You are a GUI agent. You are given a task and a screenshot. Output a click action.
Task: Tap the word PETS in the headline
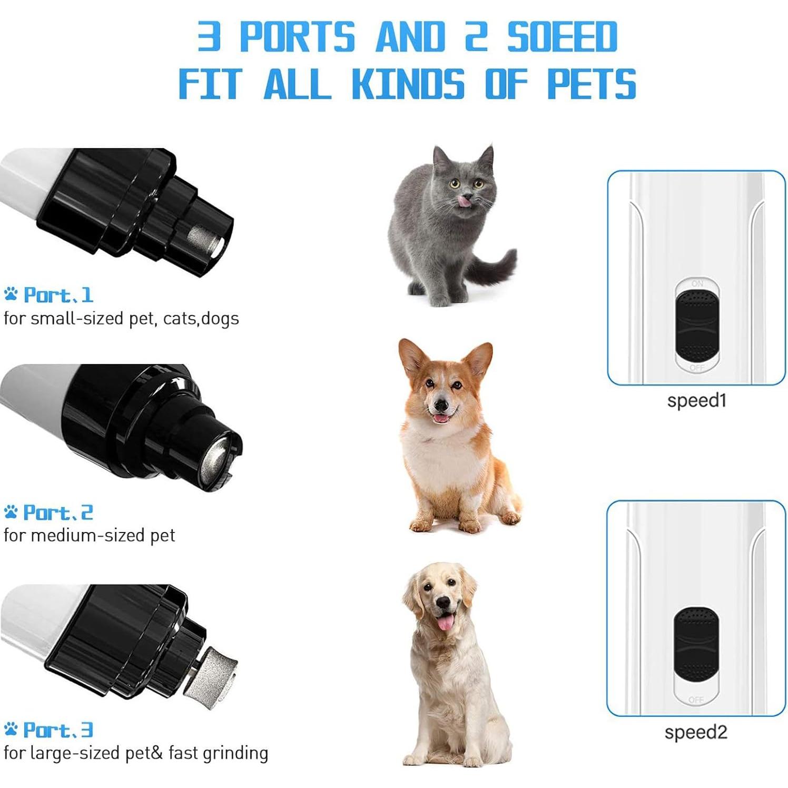click(x=592, y=84)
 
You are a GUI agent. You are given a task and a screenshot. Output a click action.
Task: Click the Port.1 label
click(x=58, y=295)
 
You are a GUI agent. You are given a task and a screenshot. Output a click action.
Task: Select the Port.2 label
click(x=58, y=513)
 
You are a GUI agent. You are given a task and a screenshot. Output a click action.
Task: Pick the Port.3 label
click(x=58, y=730)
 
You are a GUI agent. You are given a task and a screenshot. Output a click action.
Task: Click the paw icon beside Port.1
click(x=11, y=294)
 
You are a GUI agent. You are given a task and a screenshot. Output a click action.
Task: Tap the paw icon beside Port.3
click(x=11, y=729)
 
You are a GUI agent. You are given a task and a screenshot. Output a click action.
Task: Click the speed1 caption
click(x=696, y=400)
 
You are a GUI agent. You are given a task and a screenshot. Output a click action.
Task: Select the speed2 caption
click(x=695, y=732)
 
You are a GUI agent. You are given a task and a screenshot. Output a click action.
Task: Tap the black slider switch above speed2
click(x=696, y=644)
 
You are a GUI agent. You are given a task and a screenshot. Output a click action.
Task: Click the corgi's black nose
click(x=440, y=405)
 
